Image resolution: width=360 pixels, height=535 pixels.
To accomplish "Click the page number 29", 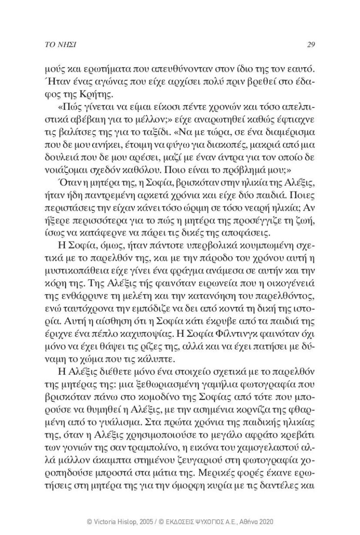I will [310, 44].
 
